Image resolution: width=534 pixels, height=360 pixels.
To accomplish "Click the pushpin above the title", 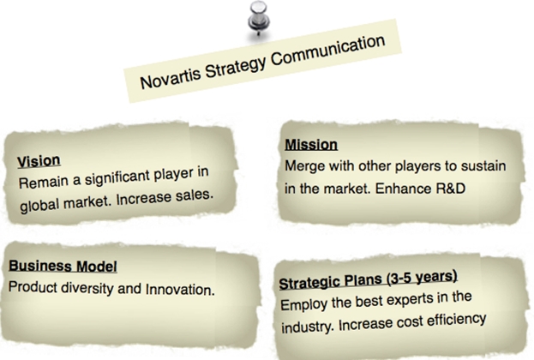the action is [x=259, y=18].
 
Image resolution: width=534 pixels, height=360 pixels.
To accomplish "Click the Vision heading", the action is [x=39, y=161].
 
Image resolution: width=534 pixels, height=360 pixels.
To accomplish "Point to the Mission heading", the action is [x=311, y=145].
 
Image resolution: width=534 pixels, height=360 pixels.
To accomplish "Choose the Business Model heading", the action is [x=63, y=266].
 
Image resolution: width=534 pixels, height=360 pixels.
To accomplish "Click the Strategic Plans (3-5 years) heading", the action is [x=369, y=279].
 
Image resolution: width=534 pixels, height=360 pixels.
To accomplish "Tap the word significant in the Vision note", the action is [x=117, y=178].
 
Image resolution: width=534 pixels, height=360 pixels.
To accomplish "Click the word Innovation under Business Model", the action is [x=180, y=290].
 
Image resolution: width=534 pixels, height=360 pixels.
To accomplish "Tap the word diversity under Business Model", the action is [x=87, y=288].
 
